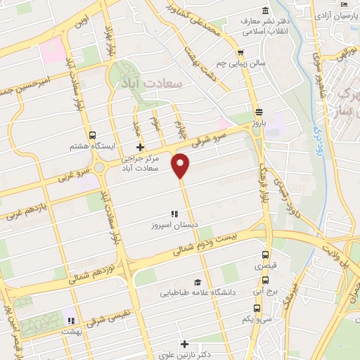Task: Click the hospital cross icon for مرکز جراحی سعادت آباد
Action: pyautogui.click(x=140, y=147)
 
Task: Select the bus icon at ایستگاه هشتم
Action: pyautogui.click(x=92, y=135)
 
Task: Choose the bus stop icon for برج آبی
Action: pyautogui.click(x=258, y=288)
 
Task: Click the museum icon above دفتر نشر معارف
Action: pyautogui.click(x=264, y=11)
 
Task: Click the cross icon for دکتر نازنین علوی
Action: pyautogui.click(x=184, y=345)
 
